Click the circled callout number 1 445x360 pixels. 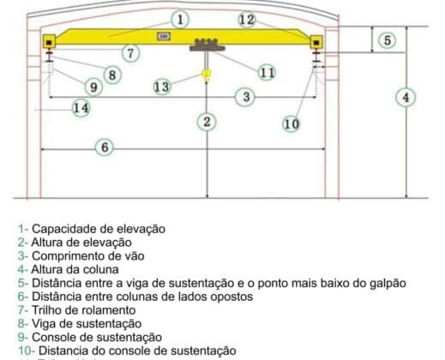[180, 20]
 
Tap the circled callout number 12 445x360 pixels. [247, 20]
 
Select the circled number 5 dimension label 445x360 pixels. [388, 40]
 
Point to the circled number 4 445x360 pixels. [406, 98]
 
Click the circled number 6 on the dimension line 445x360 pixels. [105, 147]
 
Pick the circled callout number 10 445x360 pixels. [292, 124]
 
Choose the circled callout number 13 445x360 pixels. [162, 87]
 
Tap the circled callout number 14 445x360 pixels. [81, 108]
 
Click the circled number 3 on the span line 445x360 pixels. [246, 97]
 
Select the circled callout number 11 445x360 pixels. [267, 73]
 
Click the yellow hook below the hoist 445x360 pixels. [206, 75]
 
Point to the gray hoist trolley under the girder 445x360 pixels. [207, 45]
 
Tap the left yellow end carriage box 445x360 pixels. [50, 42]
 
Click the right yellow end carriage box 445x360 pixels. [316, 42]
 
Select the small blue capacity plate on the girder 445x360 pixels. [164, 36]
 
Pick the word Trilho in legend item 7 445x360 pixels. [45, 310]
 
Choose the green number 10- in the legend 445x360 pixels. [27, 351]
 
